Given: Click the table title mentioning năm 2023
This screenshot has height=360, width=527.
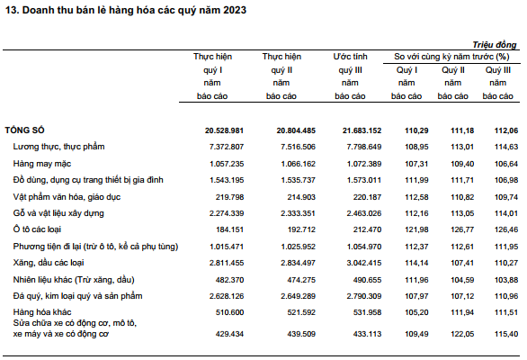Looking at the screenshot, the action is tap(126, 10).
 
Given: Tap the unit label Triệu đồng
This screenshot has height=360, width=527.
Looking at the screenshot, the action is tap(495, 45).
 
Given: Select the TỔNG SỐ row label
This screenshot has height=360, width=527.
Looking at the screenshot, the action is tap(24, 130).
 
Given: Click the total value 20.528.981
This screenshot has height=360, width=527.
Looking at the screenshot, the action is tap(224, 130).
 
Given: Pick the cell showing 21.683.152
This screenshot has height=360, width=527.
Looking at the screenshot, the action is tap(362, 130).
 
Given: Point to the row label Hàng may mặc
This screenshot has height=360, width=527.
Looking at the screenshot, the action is tap(42, 164).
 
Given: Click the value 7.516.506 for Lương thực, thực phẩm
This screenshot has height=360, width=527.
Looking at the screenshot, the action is tap(298, 147).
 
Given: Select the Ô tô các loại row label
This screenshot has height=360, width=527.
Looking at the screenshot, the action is tap(37, 229).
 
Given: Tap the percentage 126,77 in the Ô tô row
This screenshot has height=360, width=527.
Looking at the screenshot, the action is tap(462, 229).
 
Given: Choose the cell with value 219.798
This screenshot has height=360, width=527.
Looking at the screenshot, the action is tap(230, 197).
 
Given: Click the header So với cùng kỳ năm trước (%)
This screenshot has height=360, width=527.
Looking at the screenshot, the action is tap(451, 57).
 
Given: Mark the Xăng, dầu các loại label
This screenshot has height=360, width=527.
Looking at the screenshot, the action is tap(49, 263).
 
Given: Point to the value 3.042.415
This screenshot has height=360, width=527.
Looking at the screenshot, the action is tap(364, 263).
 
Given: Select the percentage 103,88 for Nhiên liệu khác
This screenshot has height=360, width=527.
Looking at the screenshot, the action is tap(506, 280).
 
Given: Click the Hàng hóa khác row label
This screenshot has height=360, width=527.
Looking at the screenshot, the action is tap(42, 312).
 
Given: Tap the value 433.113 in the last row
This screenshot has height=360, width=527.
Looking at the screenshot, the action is tap(367, 334).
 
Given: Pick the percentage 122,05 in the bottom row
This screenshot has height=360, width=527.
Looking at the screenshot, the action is tap(462, 334).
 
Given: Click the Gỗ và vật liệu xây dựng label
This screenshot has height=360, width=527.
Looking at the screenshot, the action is tap(58, 213).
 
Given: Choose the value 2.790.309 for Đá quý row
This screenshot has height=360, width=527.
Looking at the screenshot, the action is tap(364, 296).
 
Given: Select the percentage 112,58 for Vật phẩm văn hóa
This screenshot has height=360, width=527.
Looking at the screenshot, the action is tap(416, 197).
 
